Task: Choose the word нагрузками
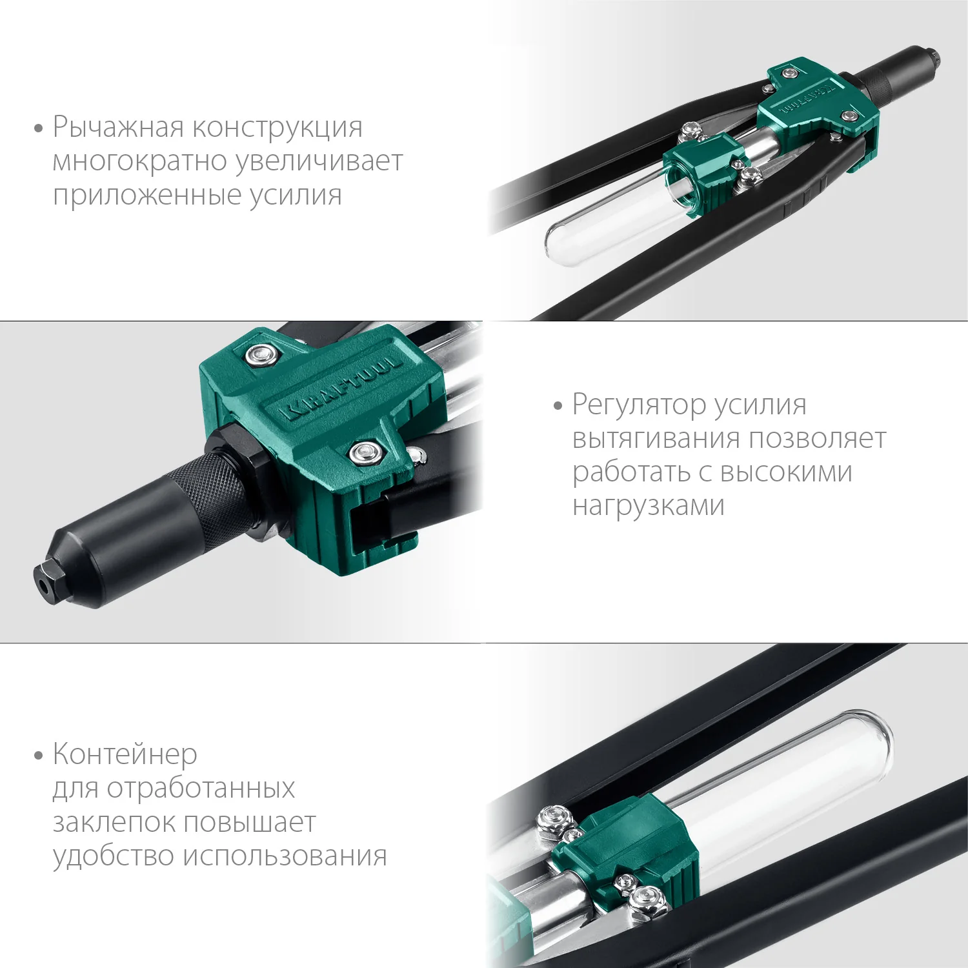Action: click(x=648, y=505)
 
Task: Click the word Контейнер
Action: click(x=125, y=754)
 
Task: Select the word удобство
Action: click(x=114, y=856)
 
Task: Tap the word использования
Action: click(x=285, y=856)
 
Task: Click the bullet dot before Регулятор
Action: click(x=558, y=407)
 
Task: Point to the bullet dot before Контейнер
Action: click(x=39, y=755)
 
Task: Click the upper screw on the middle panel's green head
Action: click(x=261, y=354)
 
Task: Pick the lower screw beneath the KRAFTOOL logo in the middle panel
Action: click(x=365, y=452)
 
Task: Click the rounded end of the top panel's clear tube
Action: click(x=556, y=244)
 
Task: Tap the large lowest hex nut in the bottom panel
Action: click(x=648, y=899)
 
